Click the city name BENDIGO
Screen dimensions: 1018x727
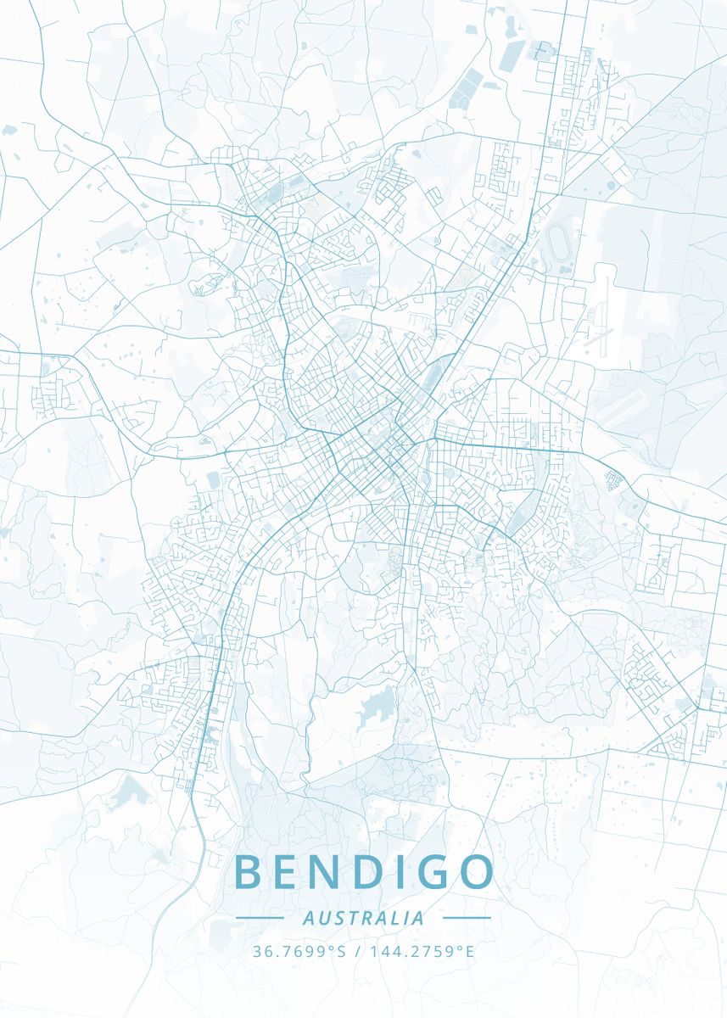363,872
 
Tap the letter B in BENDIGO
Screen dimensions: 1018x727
248,872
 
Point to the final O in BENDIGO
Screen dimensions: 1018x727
474,872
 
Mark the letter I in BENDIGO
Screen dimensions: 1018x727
393,872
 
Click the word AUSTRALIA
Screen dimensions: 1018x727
363,918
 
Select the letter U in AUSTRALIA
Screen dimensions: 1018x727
323,918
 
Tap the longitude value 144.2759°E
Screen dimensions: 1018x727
422,951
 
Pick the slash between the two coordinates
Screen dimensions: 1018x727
358,951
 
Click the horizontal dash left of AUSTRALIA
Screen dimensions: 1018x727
260,918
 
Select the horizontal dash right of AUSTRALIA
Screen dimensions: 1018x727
467,918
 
